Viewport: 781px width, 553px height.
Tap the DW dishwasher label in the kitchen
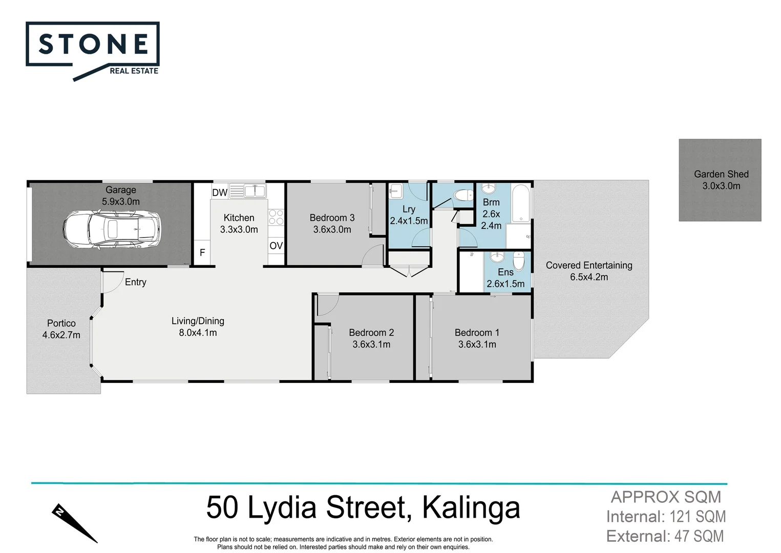[220, 193]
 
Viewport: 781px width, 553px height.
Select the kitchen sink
[255, 191]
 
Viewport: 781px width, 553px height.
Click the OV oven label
[276, 246]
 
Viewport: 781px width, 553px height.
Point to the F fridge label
[202, 252]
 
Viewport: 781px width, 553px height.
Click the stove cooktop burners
[276, 217]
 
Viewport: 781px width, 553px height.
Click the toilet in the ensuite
[519, 261]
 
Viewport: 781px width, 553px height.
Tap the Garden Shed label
[721, 174]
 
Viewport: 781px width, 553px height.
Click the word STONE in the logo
[93, 45]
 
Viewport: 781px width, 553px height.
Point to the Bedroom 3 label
[332, 218]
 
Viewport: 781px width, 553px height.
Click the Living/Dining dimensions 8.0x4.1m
[198, 333]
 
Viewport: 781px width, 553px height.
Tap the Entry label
[136, 282]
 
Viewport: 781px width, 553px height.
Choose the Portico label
[61, 323]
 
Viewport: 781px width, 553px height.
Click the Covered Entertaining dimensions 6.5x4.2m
[589, 277]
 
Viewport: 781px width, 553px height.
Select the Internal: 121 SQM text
[666, 517]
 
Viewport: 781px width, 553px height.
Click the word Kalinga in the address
[471, 507]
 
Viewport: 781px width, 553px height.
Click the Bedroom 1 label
[477, 332]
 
